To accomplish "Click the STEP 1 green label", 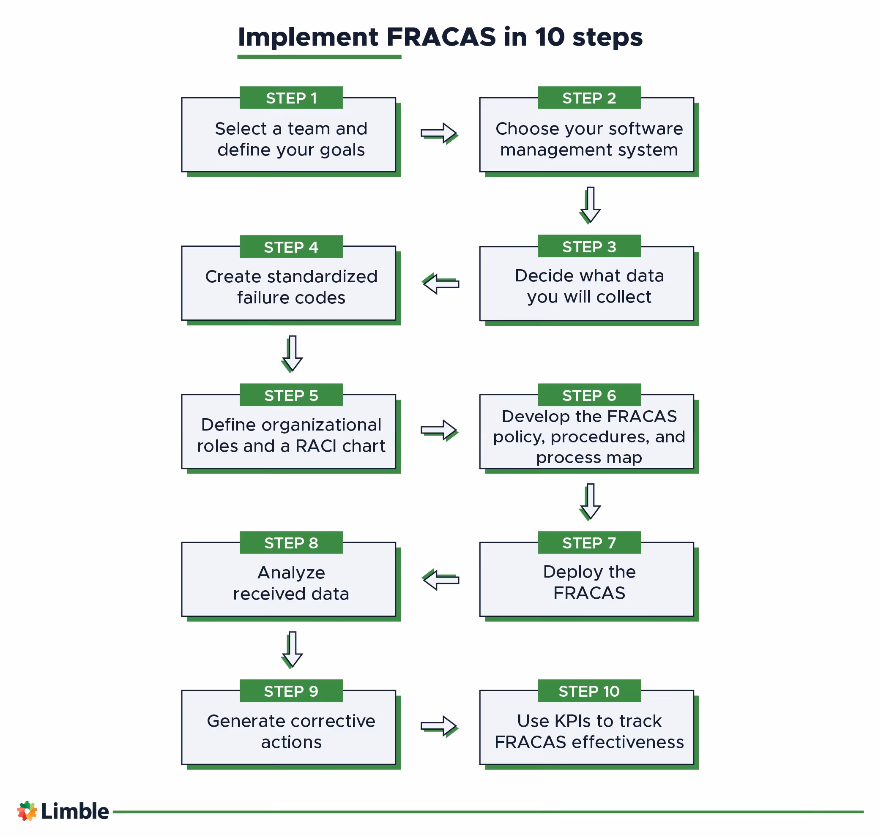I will [291, 98].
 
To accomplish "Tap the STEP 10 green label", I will [589, 691].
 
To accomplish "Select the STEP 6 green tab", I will [589, 395].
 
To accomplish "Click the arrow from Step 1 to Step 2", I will [439, 133].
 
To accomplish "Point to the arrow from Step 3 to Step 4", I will [440, 284].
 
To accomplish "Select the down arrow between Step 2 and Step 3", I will [590, 204].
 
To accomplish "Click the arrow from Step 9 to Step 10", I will [439, 726].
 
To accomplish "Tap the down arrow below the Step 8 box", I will [292, 649].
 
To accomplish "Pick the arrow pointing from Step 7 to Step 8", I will [440, 580].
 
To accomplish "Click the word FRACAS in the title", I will [441, 37].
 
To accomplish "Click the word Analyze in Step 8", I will [291, 573].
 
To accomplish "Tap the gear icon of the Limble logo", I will [27, 811].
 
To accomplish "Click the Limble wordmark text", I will [74, 811].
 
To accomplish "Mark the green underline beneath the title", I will [319, 57].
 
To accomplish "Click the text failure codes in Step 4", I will [291, 297].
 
